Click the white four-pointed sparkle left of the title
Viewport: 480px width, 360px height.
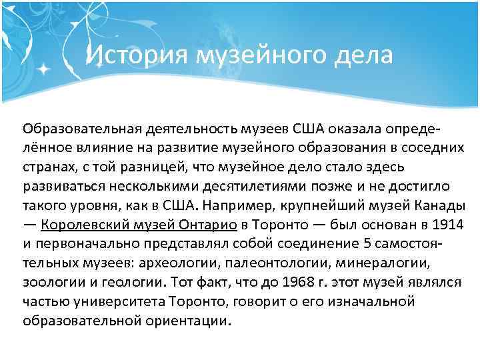44,68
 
